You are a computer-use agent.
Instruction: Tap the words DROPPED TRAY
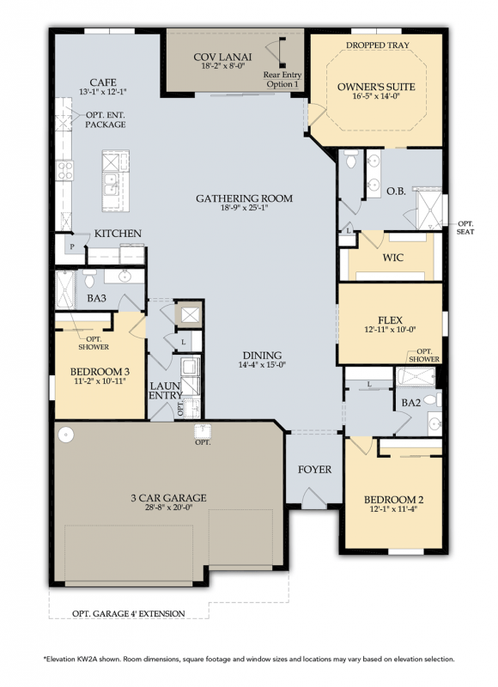(377, 45)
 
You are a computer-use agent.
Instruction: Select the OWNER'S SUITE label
(376, 87)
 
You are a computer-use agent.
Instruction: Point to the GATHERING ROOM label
(244, 198)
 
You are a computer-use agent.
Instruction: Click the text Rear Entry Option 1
(282, 79)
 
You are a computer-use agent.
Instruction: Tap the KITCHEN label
(118, 234)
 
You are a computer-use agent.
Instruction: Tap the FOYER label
(314, 470)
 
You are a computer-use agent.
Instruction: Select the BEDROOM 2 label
(394, 500)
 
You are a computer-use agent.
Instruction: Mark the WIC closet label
(392, 257)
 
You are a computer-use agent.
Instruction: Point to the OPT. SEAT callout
(467, 228)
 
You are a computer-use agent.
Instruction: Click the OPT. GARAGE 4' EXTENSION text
(128, 613)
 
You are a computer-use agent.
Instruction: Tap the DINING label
(261, 356)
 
